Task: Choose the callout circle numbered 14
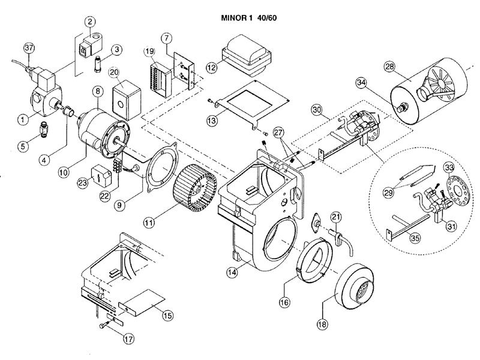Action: pyautogui.click(x=232, y=272)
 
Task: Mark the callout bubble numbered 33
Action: pyautogui.click(x=449, y=166)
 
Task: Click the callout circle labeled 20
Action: pyautogui.click(x=115, y=73)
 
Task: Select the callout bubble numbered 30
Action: pyautogui.click(x=317, y=110)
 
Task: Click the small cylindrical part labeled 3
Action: pyautogui.click(x=95, y=61)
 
